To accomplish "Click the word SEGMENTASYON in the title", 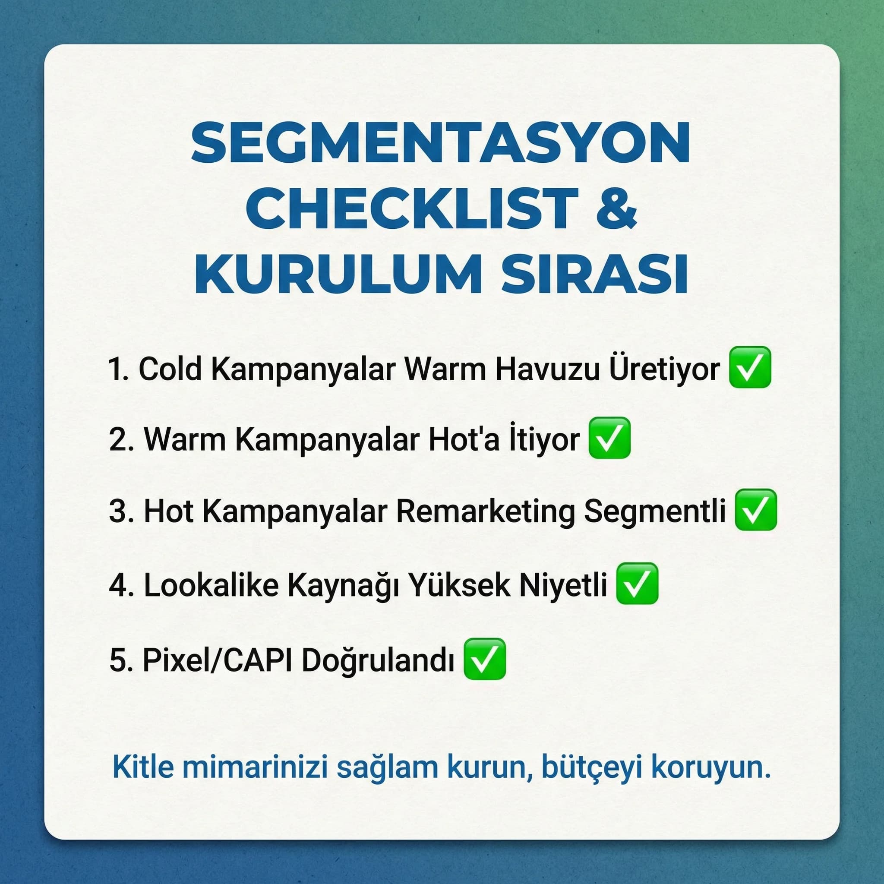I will coord(440,143).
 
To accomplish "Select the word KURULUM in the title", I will coord(338,274).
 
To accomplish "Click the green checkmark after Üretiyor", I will coord(750,367).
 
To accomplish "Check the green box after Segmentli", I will coord(756,510).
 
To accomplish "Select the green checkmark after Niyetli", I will coord(638,584).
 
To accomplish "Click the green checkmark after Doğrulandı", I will coord(485,659).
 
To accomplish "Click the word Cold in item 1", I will coord(170,369).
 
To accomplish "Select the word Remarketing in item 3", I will coord(485,511).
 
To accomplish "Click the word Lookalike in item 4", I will coord(211,585).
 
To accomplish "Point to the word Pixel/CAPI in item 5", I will coord(218,660).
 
